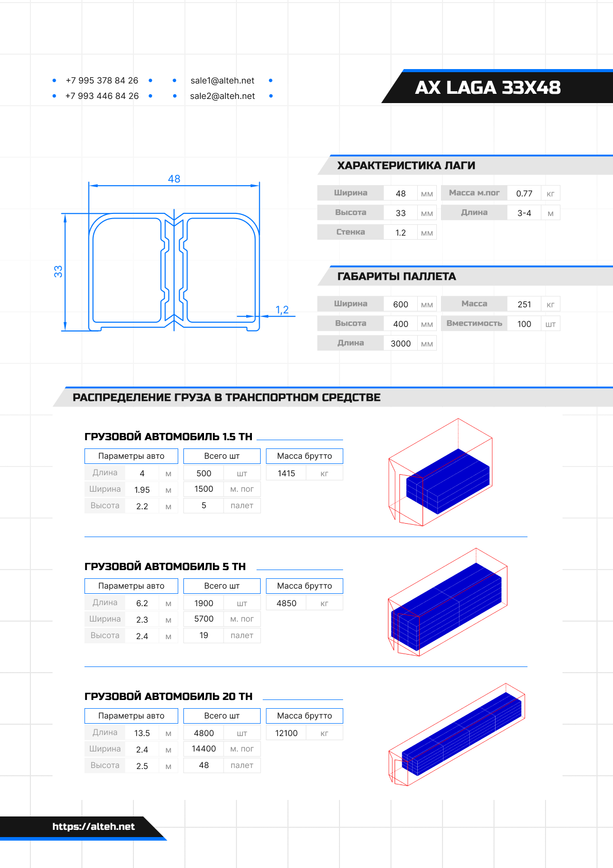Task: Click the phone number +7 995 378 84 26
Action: point(102,80)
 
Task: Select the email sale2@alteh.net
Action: point(223,96)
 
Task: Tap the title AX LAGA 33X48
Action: point(487,88)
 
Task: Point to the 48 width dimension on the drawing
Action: point(174,179)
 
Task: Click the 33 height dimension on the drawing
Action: point(58,271)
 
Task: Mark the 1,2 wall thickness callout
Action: point(282,310)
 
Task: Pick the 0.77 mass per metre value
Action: point(524,193)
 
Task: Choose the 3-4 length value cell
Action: point(524,213)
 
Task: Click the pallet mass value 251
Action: point(524,304)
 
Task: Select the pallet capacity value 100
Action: point(524,324)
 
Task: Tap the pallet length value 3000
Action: point(400,343)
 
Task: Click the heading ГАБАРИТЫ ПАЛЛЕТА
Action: point(397,276)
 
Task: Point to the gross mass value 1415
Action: point(286,473)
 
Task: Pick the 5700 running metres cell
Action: point(203,619)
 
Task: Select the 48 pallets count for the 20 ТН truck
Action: point(203,765)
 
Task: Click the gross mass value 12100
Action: point(286,733)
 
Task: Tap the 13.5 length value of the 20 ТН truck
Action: point(142,733)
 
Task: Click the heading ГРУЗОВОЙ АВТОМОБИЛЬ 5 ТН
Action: point(165,566)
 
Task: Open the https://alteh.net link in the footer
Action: point(93,826)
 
